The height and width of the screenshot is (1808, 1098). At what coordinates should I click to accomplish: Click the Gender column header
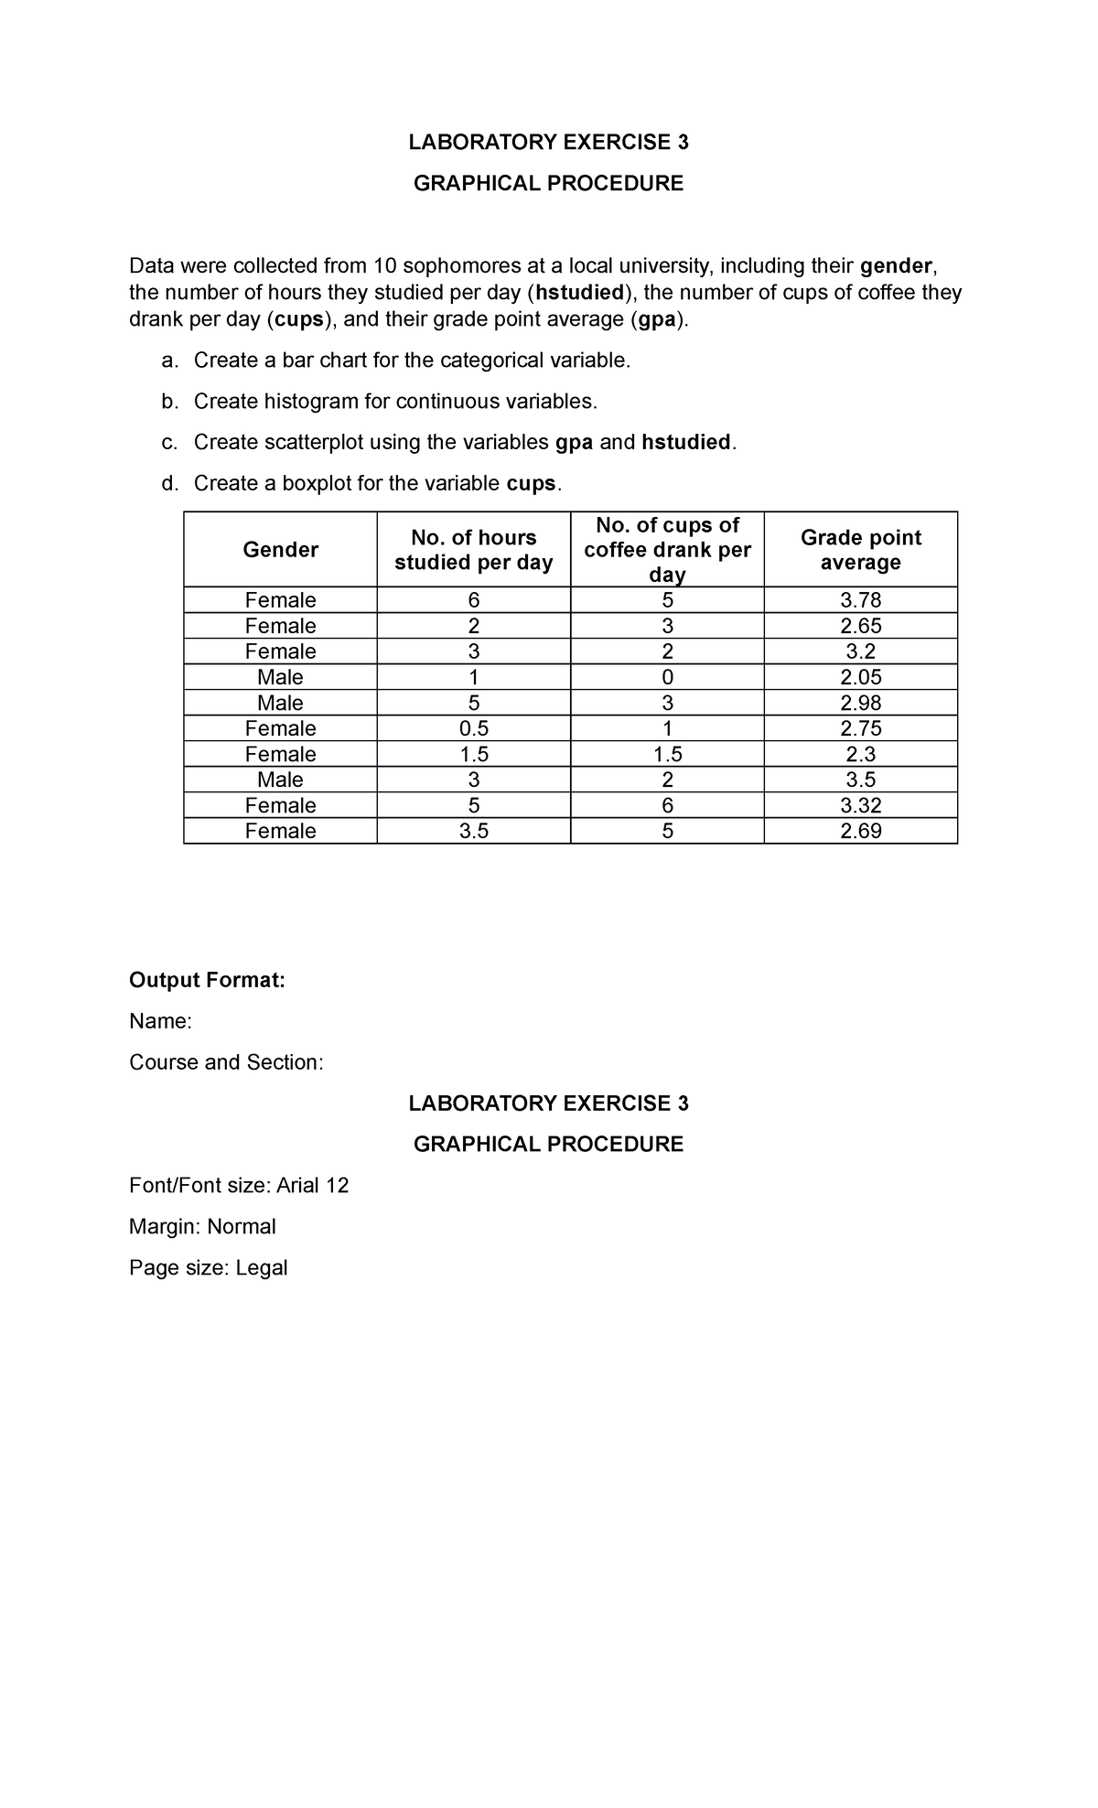click(280, 549)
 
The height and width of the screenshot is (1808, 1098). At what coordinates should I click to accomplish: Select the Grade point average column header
click(860, 550)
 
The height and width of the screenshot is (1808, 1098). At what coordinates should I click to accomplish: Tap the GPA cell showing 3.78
click(860, 600)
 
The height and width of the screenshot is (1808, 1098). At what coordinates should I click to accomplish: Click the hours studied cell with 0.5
click(473, 728)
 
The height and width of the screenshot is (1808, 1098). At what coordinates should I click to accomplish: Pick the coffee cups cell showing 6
click(667, 805)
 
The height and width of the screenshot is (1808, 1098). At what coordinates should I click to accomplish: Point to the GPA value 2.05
click(860, 677)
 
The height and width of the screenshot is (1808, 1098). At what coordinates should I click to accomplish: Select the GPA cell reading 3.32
click(860, 805)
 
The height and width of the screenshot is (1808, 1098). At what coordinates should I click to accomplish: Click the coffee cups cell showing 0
click(667, 677)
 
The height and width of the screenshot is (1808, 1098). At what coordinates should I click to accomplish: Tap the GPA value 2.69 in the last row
click(860, 831)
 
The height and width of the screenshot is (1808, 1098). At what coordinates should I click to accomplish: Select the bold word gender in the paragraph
click(897, 266)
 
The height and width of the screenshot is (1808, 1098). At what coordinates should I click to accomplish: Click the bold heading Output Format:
click(208, 980)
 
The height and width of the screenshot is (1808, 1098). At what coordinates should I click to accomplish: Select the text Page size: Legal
click(209, 1267)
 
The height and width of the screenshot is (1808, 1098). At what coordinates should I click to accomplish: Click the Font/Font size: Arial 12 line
click(239, 1185)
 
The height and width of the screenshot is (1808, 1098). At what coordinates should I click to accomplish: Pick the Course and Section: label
click(226, 1061)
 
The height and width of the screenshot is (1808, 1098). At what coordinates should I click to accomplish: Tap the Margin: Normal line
click(202, 1226)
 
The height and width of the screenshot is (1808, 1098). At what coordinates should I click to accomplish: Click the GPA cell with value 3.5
click(860, 780)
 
